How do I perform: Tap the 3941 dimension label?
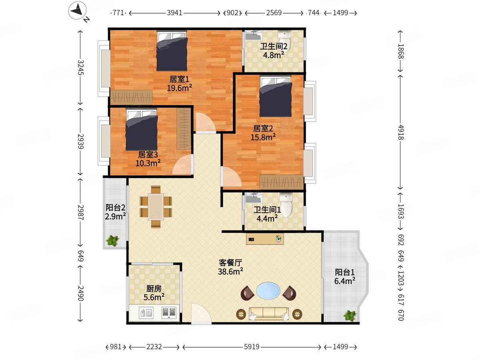174,13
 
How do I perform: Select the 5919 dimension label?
252,347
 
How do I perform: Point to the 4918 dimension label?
401,132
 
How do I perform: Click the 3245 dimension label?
81,67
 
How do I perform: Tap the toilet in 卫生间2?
285,40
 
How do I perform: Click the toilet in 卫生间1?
286,204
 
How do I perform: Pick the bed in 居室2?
276,96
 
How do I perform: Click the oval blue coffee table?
268,290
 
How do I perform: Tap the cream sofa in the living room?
269,314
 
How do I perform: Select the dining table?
156,207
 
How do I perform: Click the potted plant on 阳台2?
112,241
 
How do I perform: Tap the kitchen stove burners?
169,313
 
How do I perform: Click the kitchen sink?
146,312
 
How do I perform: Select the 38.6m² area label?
230,272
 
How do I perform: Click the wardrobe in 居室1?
131,97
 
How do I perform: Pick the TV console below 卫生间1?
265,239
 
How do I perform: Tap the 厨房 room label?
154,289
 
